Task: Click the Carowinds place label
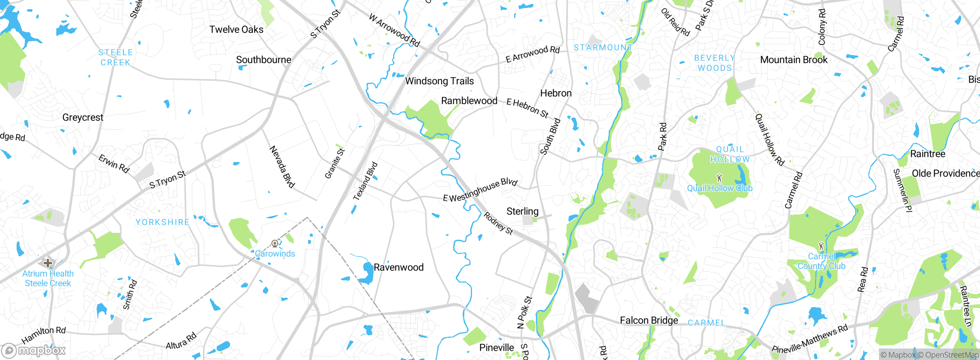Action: pos(275,254)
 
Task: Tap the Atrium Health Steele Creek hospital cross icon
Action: pos(48,263)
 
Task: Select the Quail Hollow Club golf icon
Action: pos(719,178)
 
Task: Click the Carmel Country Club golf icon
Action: pos(821,245)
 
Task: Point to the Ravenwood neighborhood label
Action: pos(399,267)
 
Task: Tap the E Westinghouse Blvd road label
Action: pos(480,190)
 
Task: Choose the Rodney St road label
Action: pos(498,223)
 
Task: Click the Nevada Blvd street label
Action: pos(283,167)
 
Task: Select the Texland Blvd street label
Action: pos(365,181)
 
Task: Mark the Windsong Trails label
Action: pos(439,81)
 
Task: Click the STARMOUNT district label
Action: pos(603,47)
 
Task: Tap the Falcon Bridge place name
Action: pos(649,320)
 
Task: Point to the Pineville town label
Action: pos(497,347)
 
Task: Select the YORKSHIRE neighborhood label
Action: pos(162,222)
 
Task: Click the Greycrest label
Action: pos(83,117)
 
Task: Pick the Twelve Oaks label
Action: pos(236,29)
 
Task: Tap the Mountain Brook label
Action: pos(794,60)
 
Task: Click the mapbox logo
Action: pos(34,350)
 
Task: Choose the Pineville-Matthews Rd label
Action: pos(810,339)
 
